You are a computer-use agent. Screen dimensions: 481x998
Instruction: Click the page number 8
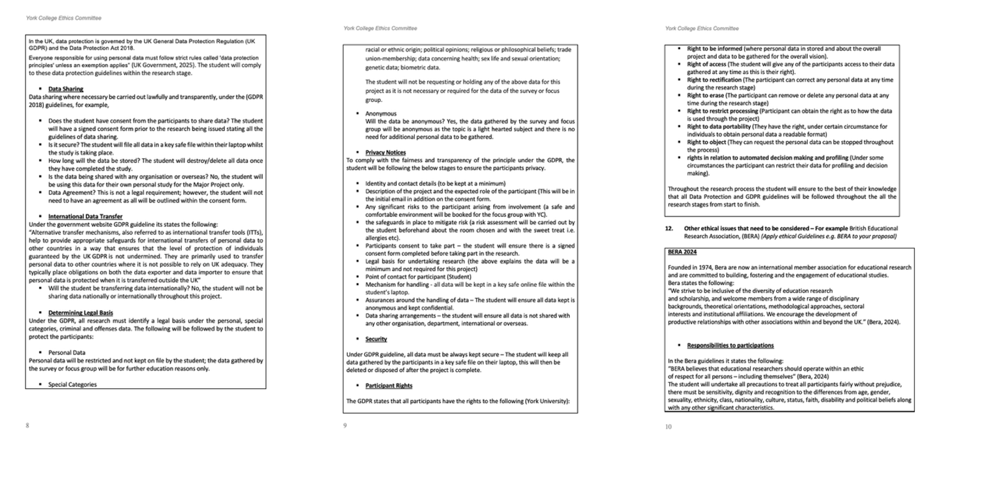coord(27,425)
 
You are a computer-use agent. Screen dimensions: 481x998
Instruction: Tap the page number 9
coord(345,425)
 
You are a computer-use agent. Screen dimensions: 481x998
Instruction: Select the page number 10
coord(668,427)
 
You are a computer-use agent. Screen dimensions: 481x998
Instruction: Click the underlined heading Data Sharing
coord(65,89)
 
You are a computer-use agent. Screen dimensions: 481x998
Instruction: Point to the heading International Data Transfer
coord(85,216)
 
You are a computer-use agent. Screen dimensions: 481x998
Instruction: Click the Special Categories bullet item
coord(72,384)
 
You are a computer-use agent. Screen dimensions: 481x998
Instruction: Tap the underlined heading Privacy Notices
coord(385,152)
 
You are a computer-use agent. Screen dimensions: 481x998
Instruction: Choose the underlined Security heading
coord(376,339)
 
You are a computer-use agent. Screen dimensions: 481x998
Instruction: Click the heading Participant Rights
coord(388,386)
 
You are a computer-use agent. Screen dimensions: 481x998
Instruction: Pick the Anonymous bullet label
coord(381,113)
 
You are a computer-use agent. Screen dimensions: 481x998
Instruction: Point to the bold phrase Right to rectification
coord(714,80)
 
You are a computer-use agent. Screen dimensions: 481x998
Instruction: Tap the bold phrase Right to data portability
coord(717,126)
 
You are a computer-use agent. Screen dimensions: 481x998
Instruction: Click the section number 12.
coord(669,229)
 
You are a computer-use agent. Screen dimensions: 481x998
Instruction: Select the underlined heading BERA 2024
coord(682,251)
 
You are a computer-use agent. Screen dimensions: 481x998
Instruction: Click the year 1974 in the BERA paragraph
coord(704,267)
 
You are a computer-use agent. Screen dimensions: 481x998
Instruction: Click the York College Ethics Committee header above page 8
coord(63,18)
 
